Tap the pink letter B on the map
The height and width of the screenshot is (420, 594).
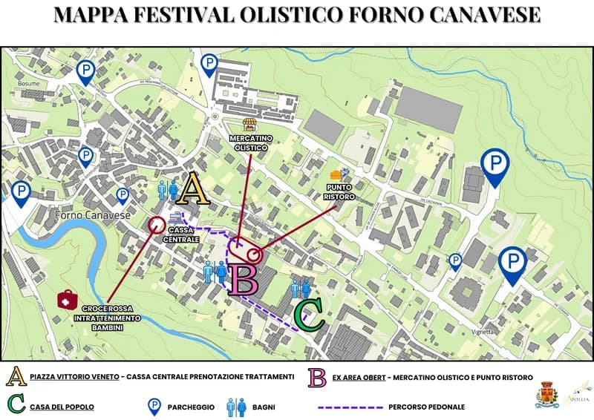pos(242,280)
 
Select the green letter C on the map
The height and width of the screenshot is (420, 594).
pos(309,315)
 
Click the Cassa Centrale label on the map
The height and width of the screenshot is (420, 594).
pos(181,235)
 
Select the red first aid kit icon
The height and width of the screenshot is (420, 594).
pos(68,301)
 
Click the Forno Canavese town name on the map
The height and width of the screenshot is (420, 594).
pos(92,216)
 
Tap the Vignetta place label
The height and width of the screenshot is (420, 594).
pos(483,332)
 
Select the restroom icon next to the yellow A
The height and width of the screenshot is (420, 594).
pos(168,191)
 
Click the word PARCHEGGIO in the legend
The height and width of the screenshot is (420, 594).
pos(190,407)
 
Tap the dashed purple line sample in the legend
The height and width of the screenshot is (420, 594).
pos(348,407)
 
